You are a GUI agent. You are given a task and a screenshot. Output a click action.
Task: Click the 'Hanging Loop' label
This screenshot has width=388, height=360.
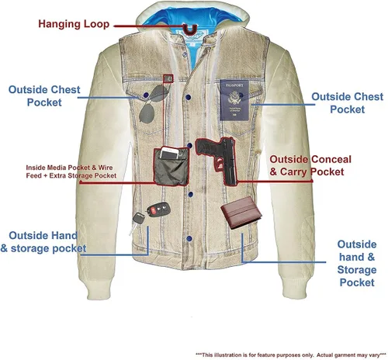click(74, 24)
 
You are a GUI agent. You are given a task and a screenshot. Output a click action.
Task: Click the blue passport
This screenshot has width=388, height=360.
click(234, 100)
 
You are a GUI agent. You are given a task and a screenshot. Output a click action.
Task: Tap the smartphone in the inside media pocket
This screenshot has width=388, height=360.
click(169, 154)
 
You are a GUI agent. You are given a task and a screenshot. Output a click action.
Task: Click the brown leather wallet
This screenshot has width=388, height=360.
click(241, 213)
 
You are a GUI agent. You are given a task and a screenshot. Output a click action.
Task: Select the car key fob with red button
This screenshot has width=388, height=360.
click(158, 209)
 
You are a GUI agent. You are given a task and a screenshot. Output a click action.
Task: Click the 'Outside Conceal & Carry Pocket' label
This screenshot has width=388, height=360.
click(310, 165)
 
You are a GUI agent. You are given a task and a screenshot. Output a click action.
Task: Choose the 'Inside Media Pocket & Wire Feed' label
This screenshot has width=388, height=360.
click(71, 171)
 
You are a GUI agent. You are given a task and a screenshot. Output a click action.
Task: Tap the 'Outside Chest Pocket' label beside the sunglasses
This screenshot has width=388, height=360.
click(44, 96)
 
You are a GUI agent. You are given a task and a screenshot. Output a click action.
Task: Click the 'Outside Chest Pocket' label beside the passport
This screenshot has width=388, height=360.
click(347, 103)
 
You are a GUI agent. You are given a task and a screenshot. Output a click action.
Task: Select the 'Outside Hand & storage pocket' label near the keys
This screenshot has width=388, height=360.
click(43, 242)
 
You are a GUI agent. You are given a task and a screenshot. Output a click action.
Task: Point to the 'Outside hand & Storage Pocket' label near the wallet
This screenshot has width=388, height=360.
click(357, 263)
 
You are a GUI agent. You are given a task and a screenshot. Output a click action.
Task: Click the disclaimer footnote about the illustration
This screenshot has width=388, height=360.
click(291, 355)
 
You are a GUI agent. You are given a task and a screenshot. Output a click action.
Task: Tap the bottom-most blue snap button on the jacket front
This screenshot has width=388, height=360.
click(189, 238)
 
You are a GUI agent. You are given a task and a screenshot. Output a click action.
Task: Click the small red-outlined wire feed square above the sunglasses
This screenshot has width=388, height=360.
click(168, 78)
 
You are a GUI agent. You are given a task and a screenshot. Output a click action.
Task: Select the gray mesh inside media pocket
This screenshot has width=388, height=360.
click(171, 167)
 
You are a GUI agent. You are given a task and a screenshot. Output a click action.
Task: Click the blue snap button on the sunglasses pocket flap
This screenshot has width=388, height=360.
click(146, 95)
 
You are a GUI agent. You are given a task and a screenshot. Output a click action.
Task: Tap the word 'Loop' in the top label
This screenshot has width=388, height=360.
click(96, 24)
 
